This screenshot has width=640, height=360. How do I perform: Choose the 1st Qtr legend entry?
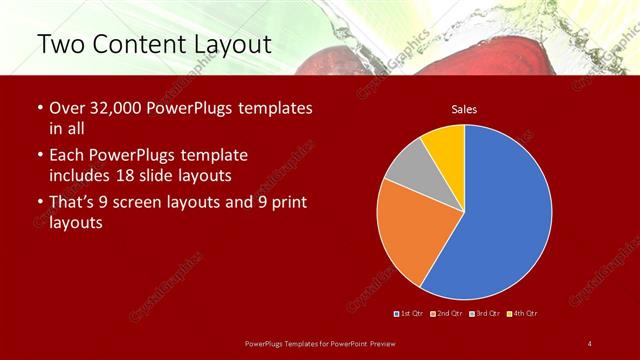click(x=411, y=314)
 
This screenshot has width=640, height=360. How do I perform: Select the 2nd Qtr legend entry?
click(x=446, y=314)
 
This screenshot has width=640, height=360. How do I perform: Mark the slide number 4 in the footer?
click(x=590, y=344)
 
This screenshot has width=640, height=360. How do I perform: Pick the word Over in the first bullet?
click(x=67, y=108)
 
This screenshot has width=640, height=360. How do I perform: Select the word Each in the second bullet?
click(x=67, y=155)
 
